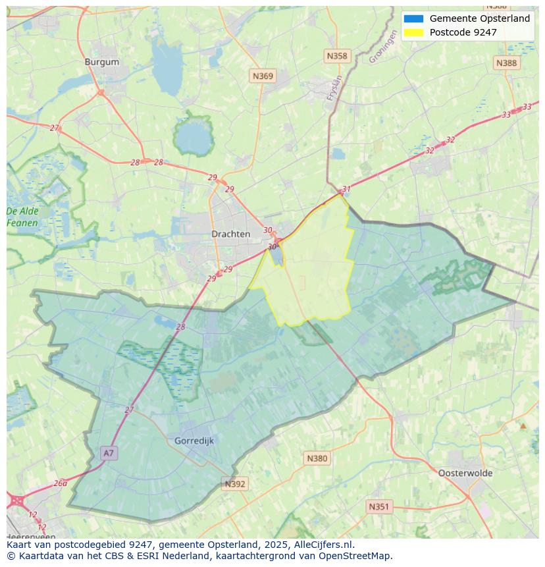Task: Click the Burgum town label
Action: [102, 62]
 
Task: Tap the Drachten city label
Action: [230, 234]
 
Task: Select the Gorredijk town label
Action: [194, 441]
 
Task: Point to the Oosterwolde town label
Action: [465, 473]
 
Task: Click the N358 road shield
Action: [337, 56]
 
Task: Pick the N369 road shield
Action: [263, 76]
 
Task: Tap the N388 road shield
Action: [506, 63]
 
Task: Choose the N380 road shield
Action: [317, 458]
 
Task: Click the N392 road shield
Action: [235, 484]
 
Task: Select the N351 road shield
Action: [378, 506]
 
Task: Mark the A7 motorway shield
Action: [109, 453]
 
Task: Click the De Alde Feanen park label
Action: [22, 217]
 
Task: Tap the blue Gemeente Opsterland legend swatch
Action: [413, 18]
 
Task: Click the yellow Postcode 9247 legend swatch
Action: [413, 32]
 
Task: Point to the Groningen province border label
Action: [383, 48]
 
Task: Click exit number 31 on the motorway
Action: [346, 189]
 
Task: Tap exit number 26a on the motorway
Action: [61, 483]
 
